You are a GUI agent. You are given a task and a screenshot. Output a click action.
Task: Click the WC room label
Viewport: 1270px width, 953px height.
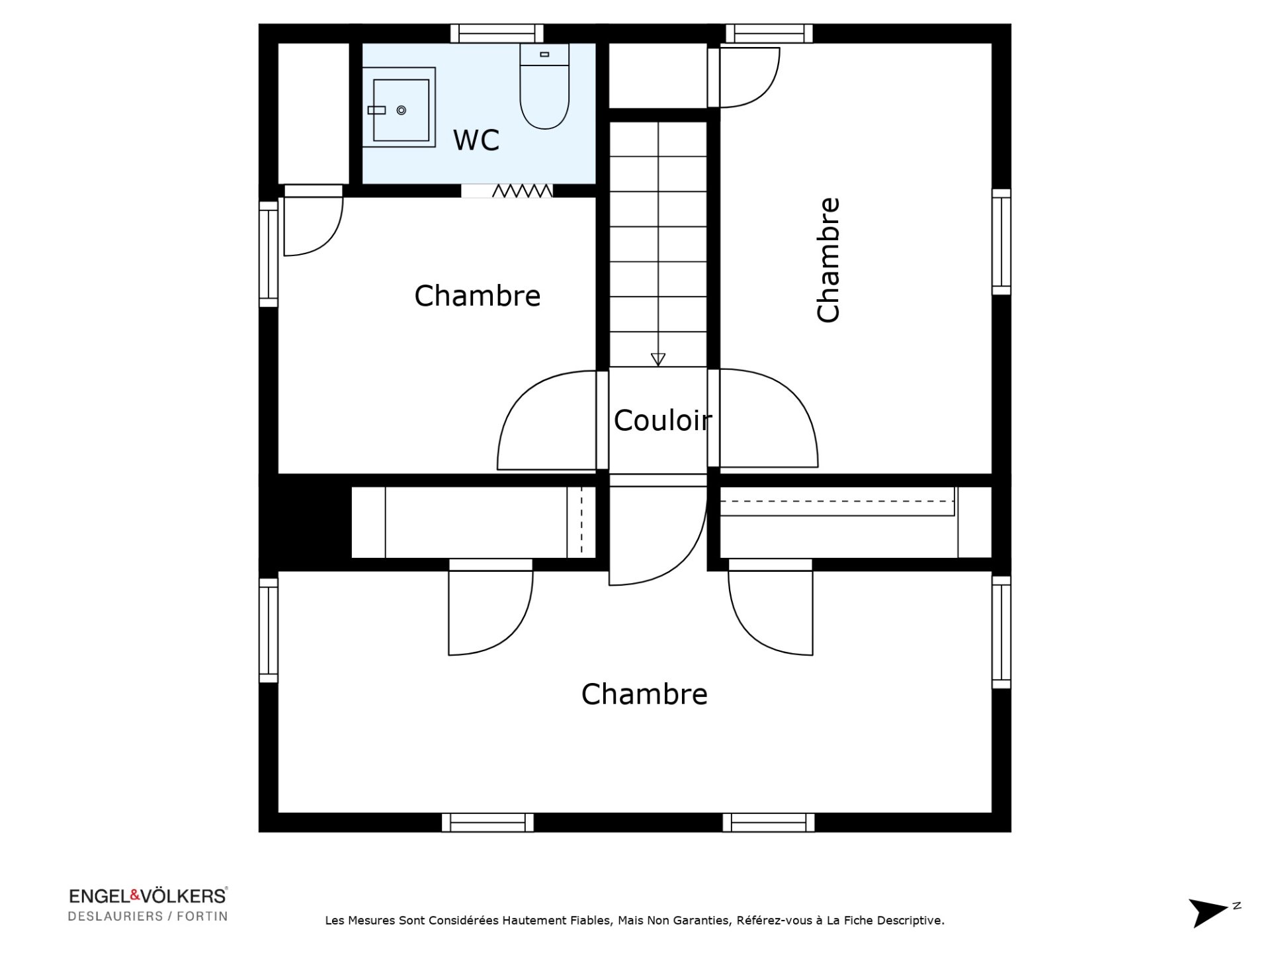(x=476, y=140)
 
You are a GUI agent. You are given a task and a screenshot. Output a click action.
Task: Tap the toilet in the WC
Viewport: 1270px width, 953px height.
(x=544, y=86)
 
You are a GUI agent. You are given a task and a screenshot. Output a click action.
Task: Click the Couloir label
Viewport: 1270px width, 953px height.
(x=662, y=420)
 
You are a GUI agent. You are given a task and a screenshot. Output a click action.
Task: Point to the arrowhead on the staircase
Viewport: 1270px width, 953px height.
(x=657, y=359)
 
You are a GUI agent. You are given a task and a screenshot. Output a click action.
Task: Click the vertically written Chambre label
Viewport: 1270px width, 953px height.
(x=828, y=260)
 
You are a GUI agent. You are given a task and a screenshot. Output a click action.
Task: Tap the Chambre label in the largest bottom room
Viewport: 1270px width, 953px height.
(x=644, y=694)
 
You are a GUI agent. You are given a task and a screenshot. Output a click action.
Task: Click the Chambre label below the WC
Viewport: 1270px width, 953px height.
(x=477, y=296)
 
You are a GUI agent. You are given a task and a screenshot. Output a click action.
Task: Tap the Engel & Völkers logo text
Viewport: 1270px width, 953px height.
(x=148, y=896)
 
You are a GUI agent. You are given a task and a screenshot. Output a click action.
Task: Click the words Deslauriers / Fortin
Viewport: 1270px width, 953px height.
(x=148, y=917)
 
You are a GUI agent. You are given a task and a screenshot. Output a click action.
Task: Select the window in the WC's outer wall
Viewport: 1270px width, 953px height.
(x=497, y=33)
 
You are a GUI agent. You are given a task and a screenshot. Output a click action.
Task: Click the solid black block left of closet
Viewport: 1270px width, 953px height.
(x=304, y=523)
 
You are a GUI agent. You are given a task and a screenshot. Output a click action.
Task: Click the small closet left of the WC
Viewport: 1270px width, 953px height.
(x=314, y=113)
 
